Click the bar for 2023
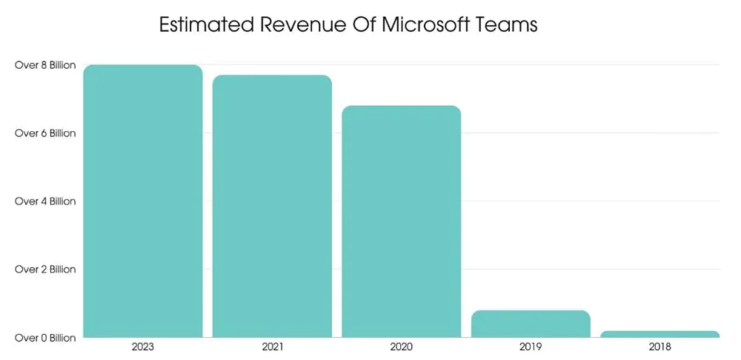click(x=142, y=201)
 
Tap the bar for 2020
click(x=401, y=221)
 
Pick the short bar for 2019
click(x=531, y=324)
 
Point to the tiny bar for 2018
click(x=659, y=334)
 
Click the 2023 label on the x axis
click(x=142, y=346)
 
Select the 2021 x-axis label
click(x=272, y=346)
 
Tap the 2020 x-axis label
click(x=401, y=346)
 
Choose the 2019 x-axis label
click(x=531, y=346)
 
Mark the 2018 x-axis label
click(x=659, y=346)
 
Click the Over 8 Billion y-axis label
click(x=45, y=65)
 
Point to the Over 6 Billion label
click(x=45, y=133)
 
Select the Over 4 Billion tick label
click(x=45, y=201)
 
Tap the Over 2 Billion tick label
click(x=45, y=270)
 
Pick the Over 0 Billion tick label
click(x=45, y=338)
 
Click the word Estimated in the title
click(x=204, y=24)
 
